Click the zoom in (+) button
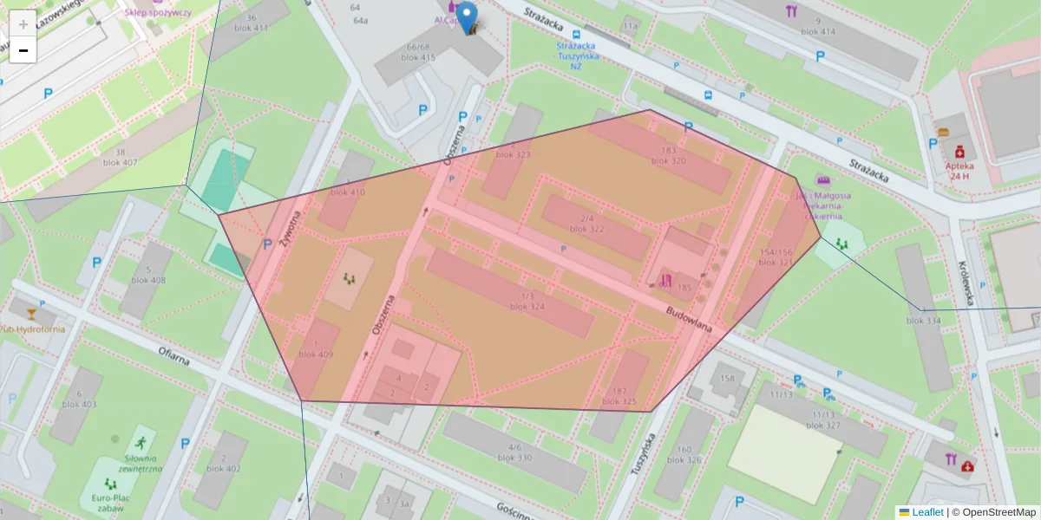point(23,23)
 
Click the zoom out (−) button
point(23,50)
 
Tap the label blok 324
point(527,307)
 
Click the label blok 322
point(586,229)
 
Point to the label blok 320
point(668,161)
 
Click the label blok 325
point(619,402)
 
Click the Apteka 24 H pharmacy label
point(959,170)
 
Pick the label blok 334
point(923,321)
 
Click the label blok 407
point(120,162)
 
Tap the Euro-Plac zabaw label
point(109,504)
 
